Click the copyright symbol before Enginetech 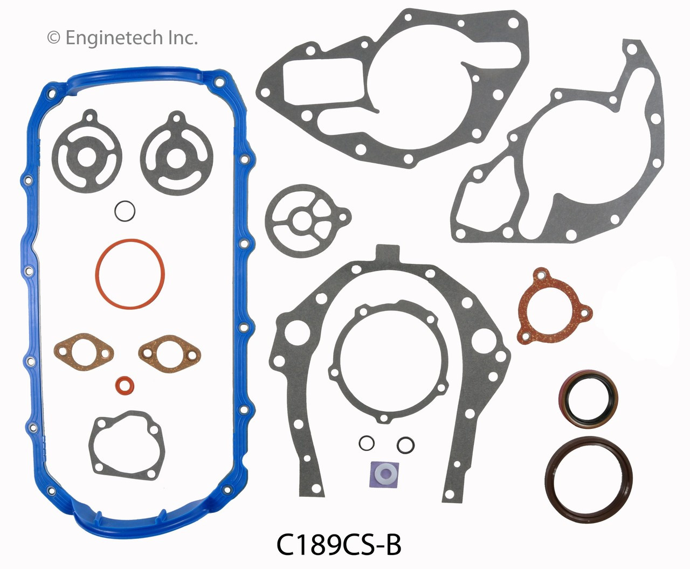53,38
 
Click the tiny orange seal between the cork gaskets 125,384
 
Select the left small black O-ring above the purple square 367,443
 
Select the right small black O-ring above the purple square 405,444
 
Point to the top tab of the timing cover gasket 389,251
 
